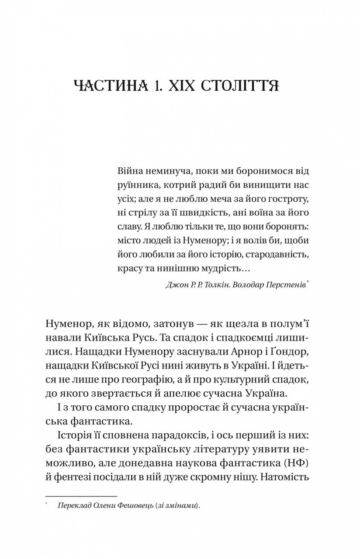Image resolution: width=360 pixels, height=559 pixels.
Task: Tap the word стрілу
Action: coord(142,212)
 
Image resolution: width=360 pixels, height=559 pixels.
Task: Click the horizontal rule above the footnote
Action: coord(81,496)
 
